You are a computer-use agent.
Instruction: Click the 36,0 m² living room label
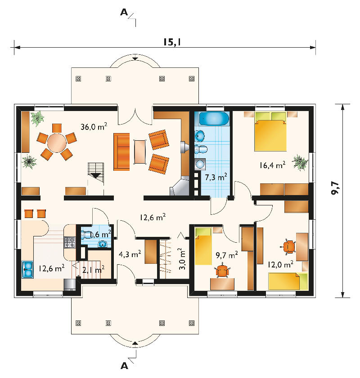tap(94, 126)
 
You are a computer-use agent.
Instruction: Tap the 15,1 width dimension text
tap(172, 42)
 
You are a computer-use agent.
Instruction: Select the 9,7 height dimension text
tap(335, 188)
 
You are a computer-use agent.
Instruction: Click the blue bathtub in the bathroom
tap(214, 118)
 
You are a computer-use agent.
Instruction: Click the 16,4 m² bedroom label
tap(272, 165)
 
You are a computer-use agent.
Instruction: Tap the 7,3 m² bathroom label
tap(216, 177)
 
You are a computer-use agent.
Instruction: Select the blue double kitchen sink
tap(27, 269)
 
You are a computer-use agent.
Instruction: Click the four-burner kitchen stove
tap(69, 242)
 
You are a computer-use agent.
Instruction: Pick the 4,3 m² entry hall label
tap(130, 254)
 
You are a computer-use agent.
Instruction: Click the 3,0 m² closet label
tap(182, 259)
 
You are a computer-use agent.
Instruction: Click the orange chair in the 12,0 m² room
tap(289, 247)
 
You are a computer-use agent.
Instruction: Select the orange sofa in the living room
tap(121, 151)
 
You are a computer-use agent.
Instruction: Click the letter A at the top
tap(124, 12)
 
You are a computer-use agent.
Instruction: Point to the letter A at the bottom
tap(124, 366)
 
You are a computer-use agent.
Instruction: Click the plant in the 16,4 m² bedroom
tap(300, 163)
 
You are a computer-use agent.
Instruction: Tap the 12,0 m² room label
tap(280, 264)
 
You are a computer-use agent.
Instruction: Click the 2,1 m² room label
tap(94, 269)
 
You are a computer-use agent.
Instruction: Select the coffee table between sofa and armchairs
tap(140, 151)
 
